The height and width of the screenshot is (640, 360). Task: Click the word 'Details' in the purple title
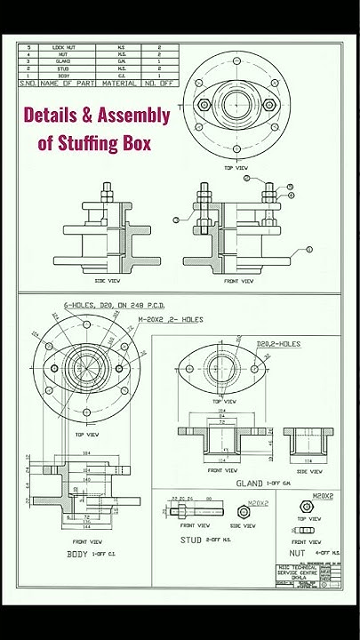pyautogui.click(x=52, y=115)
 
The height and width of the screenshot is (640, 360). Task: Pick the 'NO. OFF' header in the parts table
pyautogui.click(x=159, y=83)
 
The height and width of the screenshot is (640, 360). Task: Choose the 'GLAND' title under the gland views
pyautogui.click(x=248, y=483)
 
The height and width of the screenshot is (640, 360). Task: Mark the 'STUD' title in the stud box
pyautogui.click(x=191, y=539)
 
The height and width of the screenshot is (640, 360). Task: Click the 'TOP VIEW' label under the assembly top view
pyautogui.click(x=235, y=167)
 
